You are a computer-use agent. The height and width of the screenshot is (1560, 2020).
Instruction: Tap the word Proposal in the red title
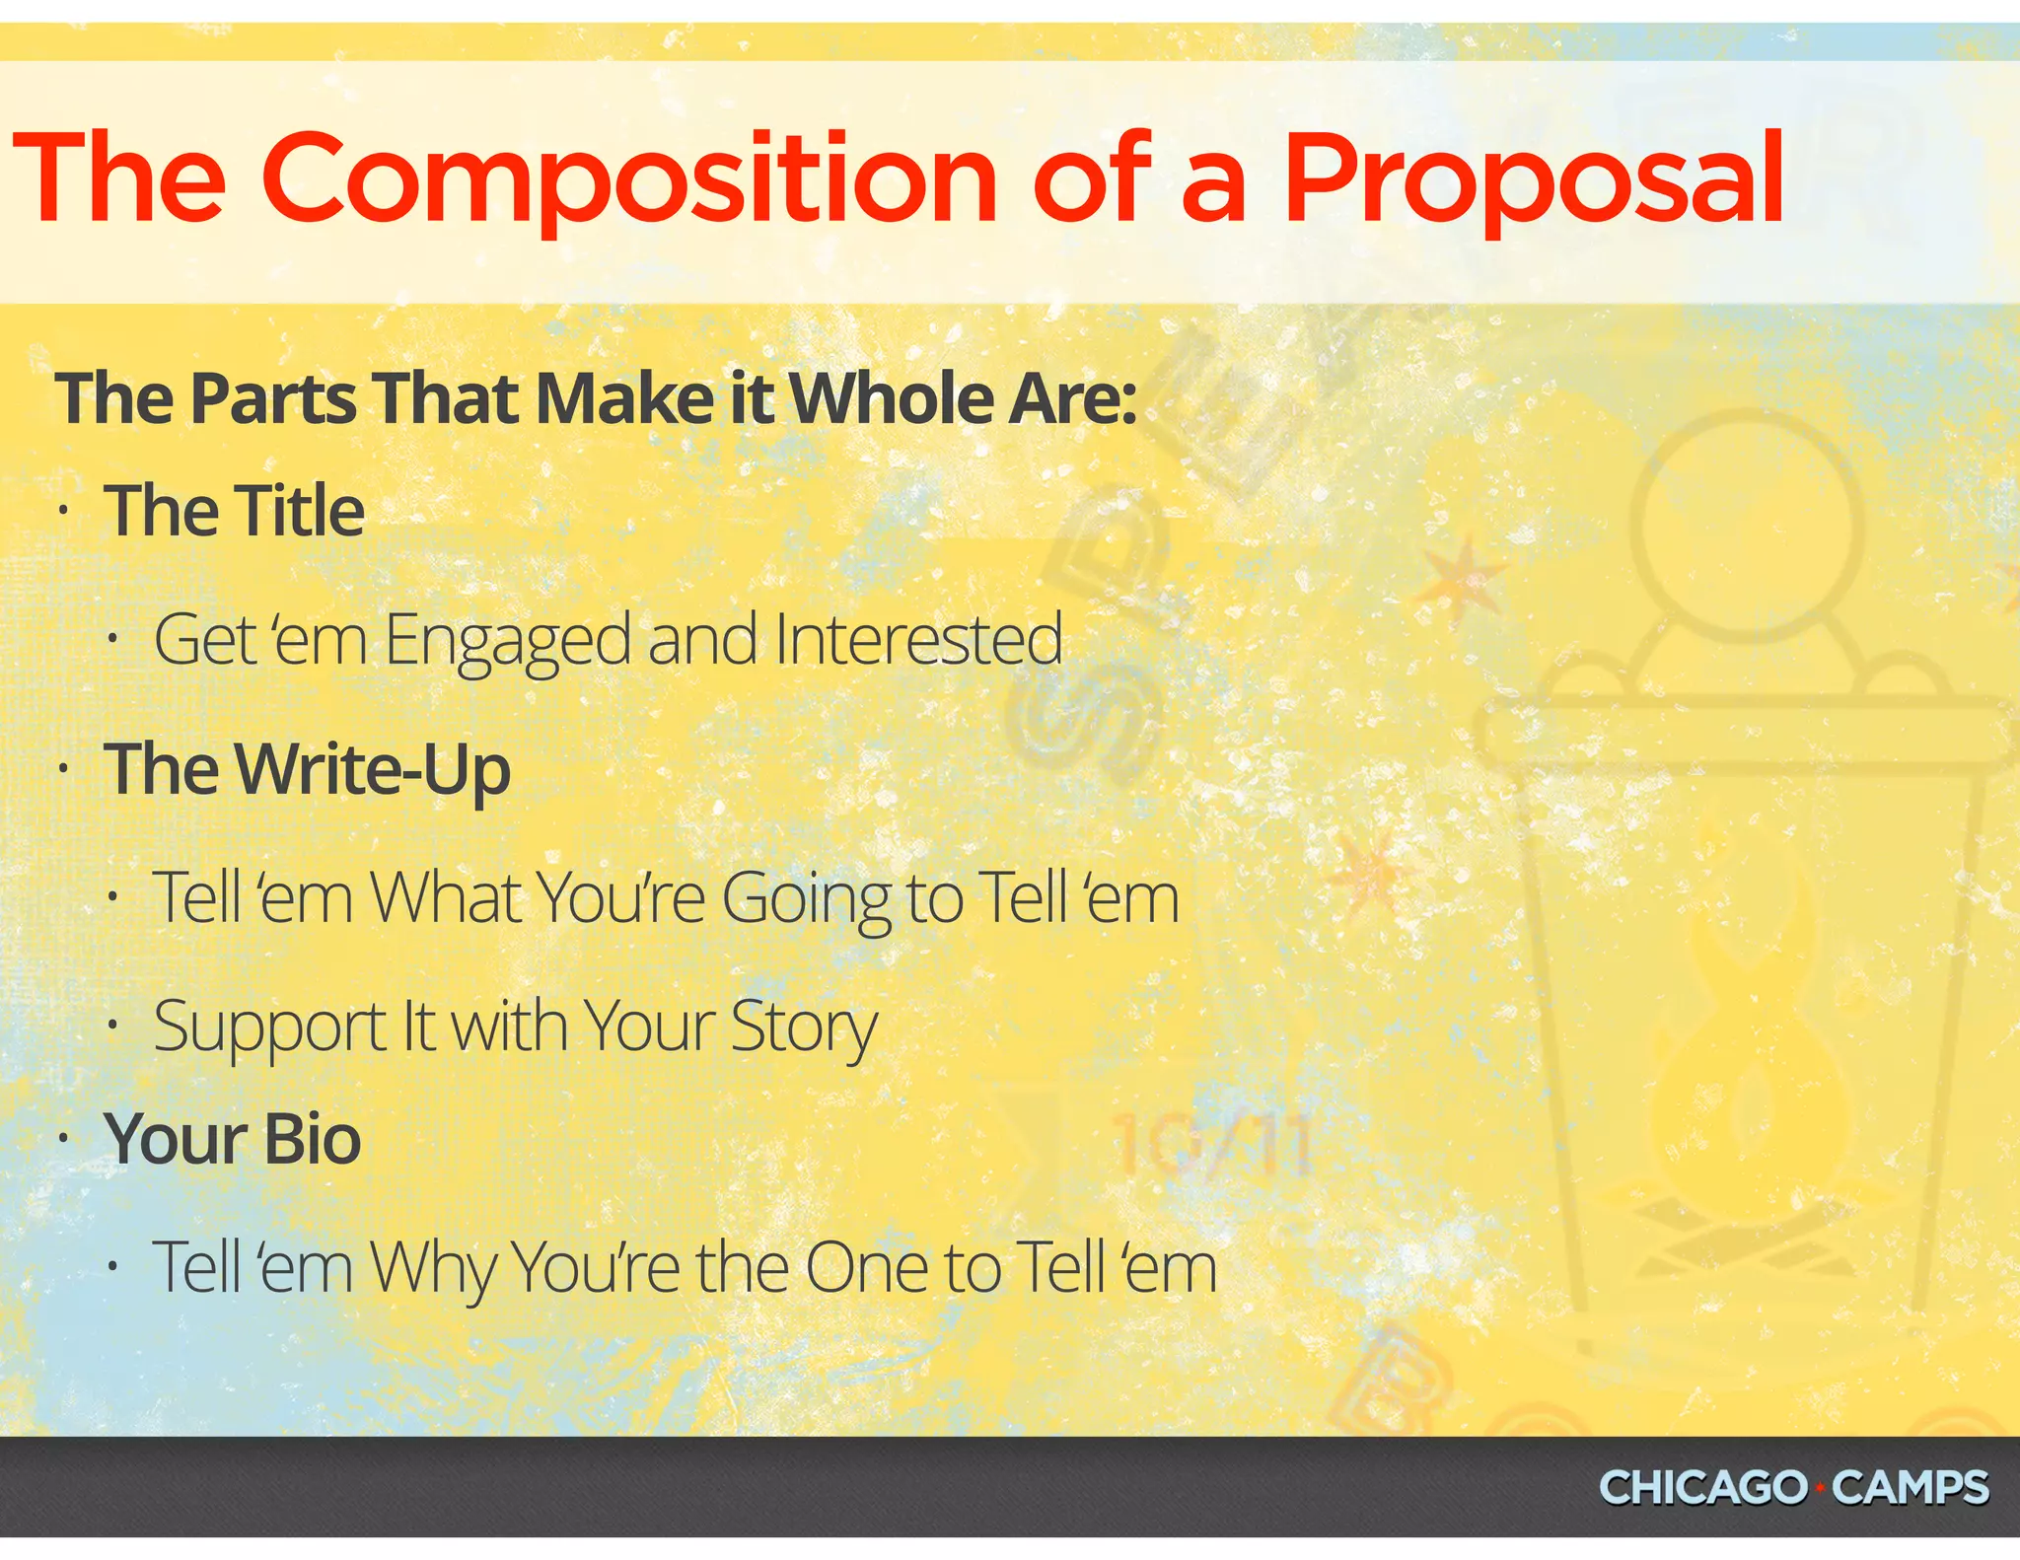pyautogui.click(x=1533, y=179)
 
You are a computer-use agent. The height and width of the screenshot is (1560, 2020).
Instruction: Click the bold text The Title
pyautogui.click(x=235, y=511)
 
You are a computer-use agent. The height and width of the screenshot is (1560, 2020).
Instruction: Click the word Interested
pyautogui.click(x=918, y=639)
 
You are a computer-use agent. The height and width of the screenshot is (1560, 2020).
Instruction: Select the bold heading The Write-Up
pyautogui.click(x=308, y=769)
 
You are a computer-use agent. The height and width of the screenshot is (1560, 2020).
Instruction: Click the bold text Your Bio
pyautogui.click(x=233, y=1139)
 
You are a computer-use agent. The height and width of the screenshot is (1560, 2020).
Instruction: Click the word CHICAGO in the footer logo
pyautogui.click(x=1701, y=1488)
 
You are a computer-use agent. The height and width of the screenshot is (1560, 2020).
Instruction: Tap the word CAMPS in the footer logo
pyautogui.click(x=1910, y=1488)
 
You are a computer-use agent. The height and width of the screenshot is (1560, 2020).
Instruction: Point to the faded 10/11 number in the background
pyautogui.click(x=1211, y=1147)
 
